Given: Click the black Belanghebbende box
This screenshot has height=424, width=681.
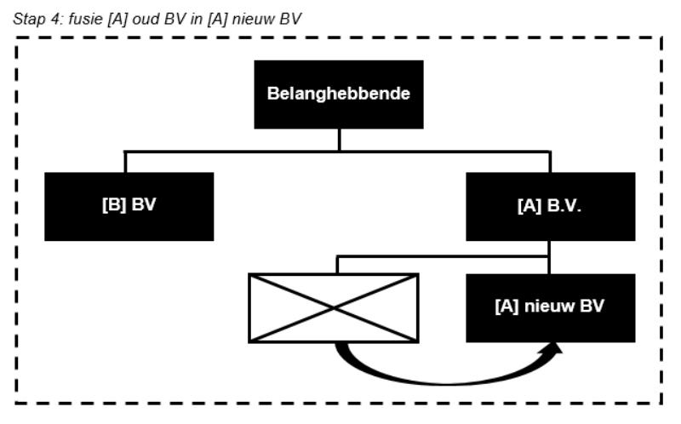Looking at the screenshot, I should tap(339, 94).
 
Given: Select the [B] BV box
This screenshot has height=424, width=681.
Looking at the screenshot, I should tap(129, 206).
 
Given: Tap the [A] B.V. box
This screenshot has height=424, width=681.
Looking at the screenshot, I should tap(550, 206).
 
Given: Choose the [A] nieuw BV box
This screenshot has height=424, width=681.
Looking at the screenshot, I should tap(550, 307).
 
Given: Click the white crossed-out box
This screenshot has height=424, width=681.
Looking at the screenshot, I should tap(333, 307).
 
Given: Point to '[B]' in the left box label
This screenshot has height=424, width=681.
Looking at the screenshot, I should tap(113, 206).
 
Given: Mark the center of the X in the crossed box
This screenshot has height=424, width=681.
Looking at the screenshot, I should tap(333, 307).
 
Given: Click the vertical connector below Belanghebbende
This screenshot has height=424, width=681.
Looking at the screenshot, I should tap(339, 140).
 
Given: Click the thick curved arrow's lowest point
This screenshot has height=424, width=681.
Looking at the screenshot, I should tap(443, 381).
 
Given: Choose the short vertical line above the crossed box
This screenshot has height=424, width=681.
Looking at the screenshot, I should tap(338, 264).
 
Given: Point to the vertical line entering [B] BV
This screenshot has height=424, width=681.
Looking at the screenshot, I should tap(126, 162).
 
